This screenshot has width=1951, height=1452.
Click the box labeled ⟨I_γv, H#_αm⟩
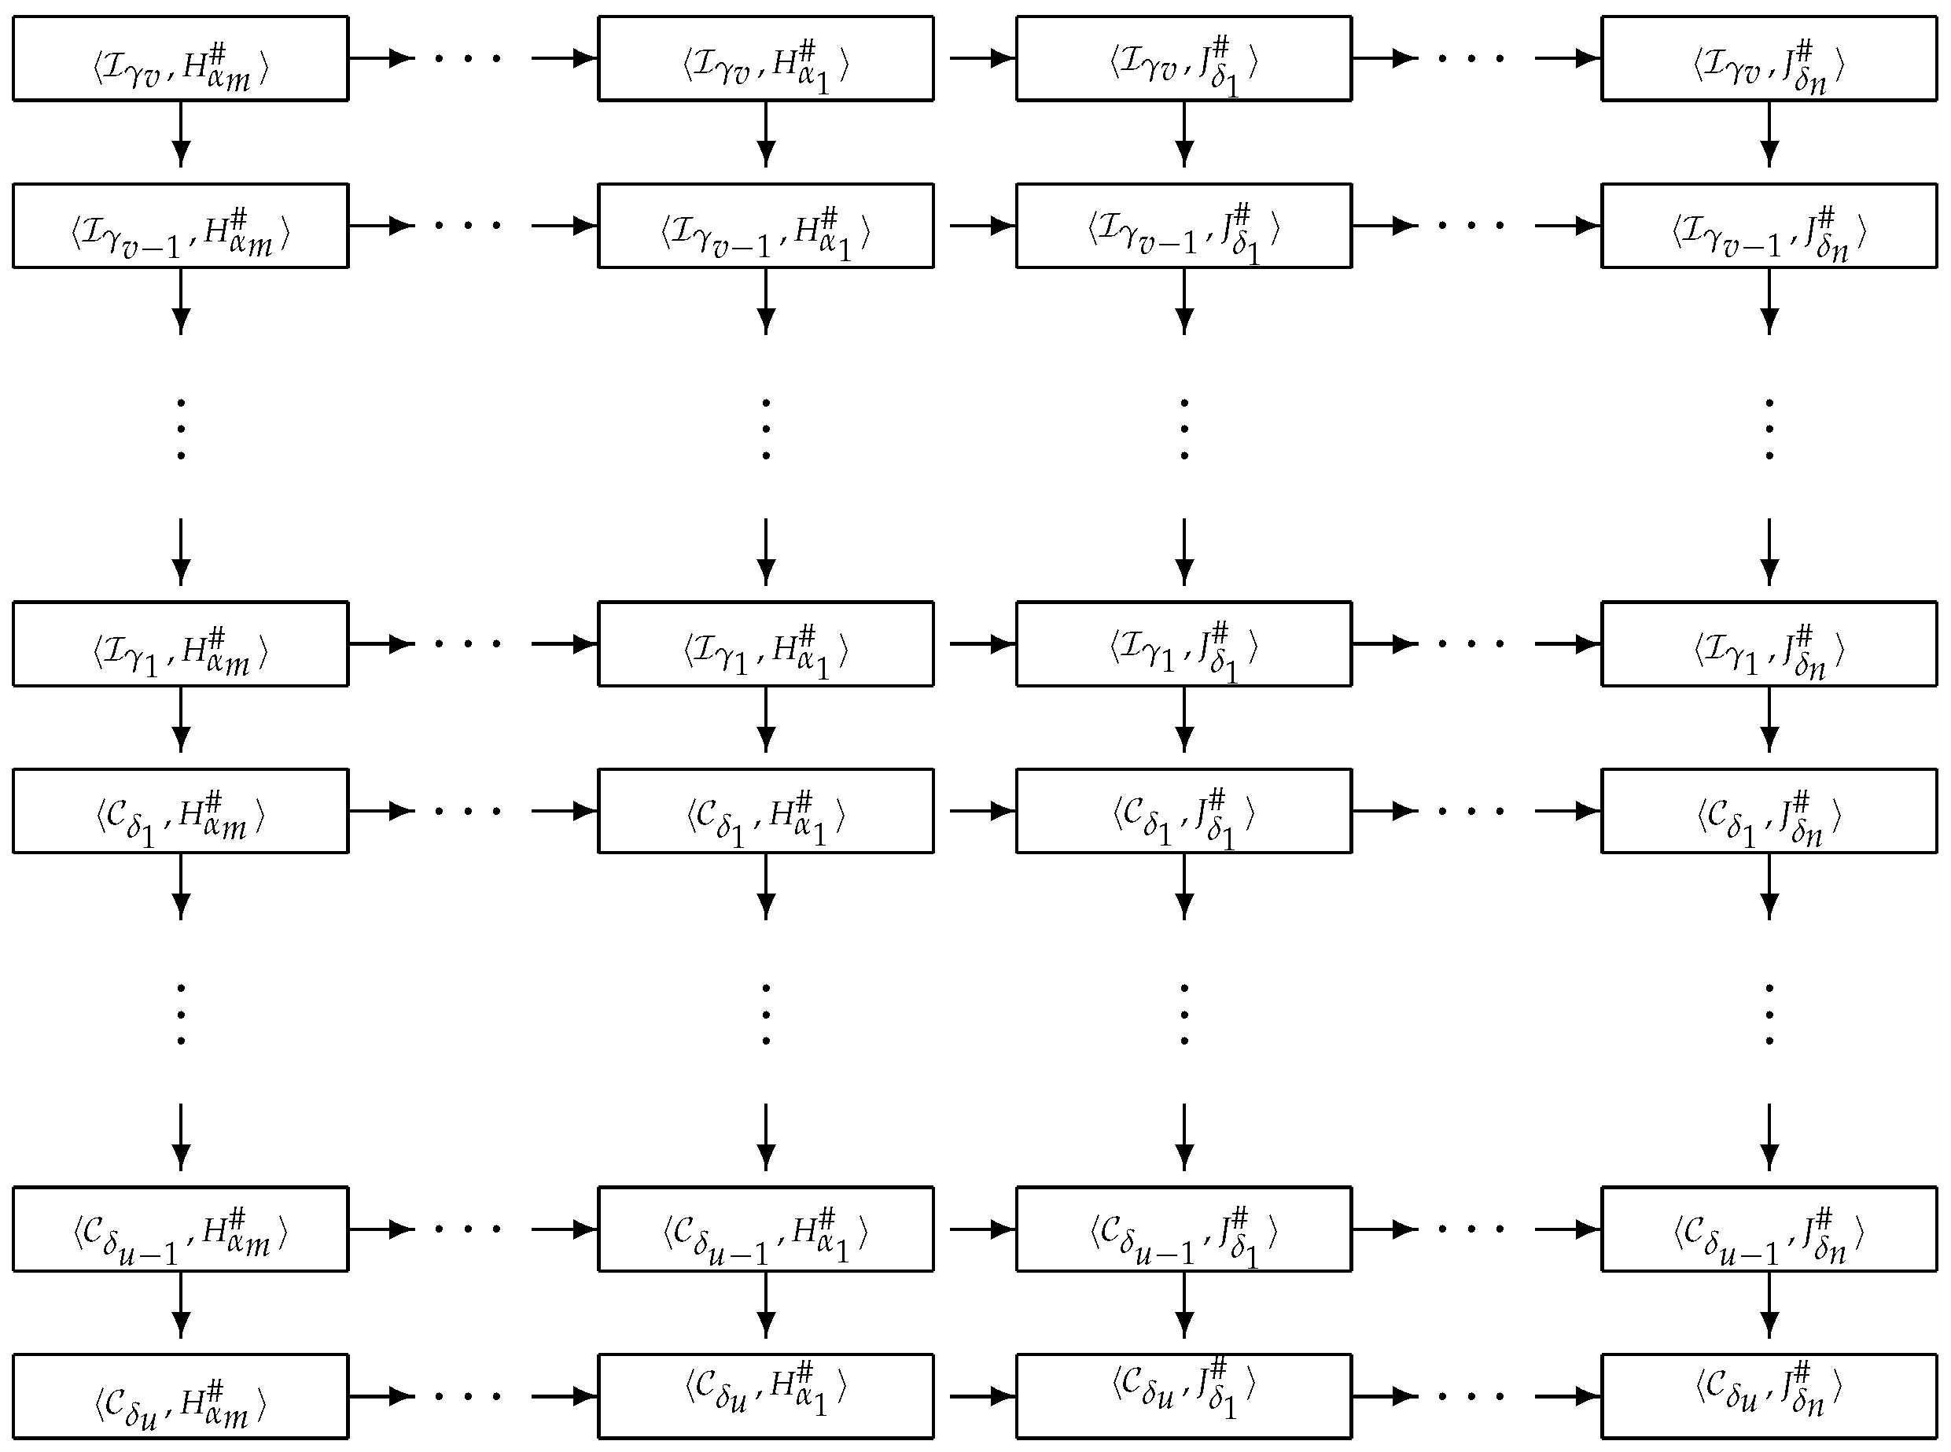180,59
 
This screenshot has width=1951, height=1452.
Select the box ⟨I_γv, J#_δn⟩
1769,59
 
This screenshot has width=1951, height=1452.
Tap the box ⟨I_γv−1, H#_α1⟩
765,226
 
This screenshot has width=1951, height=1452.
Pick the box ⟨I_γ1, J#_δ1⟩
1183,644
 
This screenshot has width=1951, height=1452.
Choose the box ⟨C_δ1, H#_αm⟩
180,811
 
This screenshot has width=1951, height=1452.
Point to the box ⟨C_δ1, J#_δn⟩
1769,811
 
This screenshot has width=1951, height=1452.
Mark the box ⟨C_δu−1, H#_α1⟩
765,1229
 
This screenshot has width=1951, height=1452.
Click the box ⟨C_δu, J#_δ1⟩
1183,1395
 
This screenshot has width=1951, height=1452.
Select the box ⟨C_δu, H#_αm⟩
180,1395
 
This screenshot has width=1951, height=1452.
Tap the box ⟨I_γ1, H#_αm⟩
180,644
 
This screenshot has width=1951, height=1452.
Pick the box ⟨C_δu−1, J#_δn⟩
1769,1229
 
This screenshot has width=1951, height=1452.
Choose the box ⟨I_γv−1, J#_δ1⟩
1183,226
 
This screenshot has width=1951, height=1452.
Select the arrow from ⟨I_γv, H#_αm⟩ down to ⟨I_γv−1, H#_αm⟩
181,134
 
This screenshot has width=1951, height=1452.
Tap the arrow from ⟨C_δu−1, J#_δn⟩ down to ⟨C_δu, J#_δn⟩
1769,1304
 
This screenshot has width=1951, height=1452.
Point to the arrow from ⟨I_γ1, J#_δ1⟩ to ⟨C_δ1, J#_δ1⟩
1184,719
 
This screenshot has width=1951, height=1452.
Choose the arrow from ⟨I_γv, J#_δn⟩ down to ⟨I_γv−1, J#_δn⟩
1769,134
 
